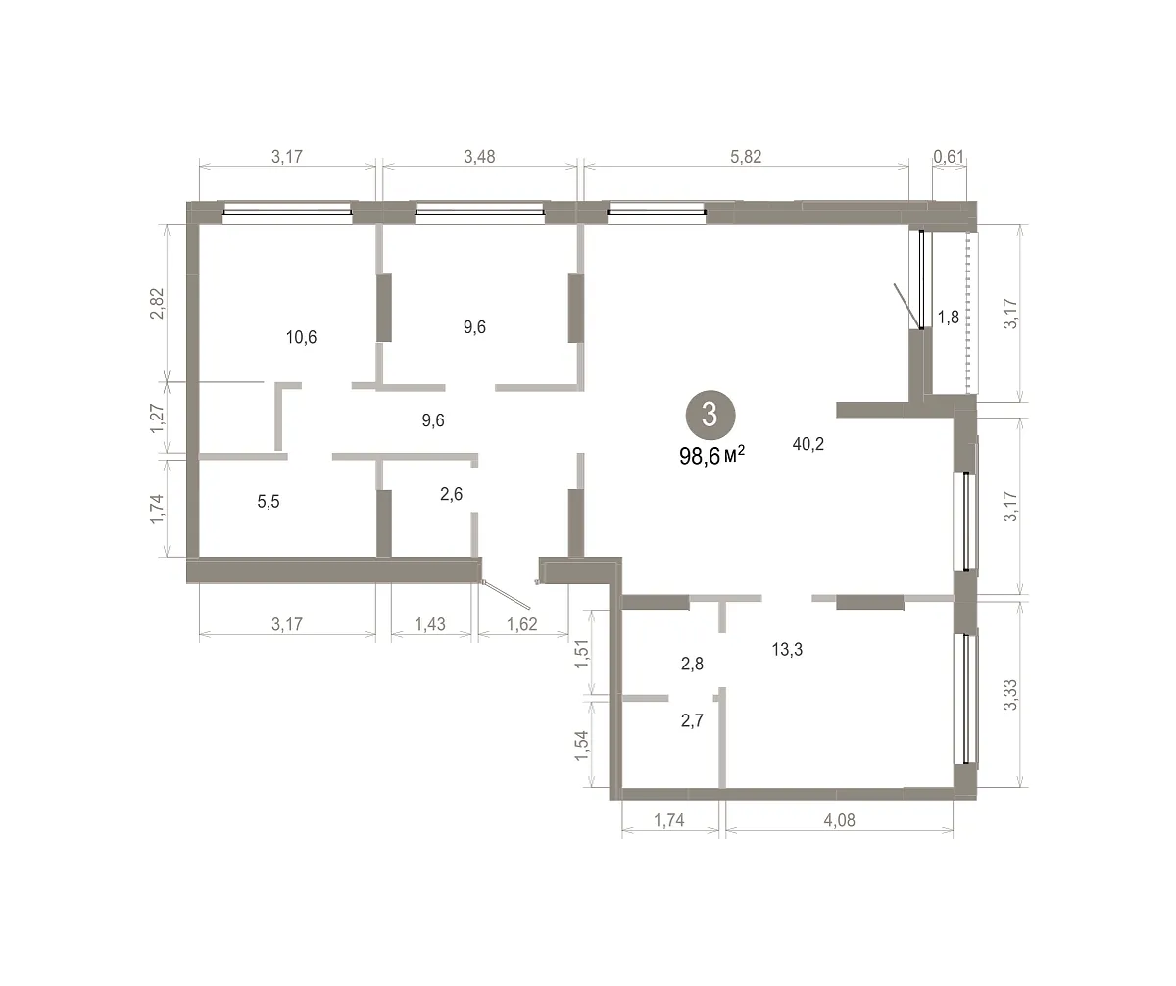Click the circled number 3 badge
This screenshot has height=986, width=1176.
710,416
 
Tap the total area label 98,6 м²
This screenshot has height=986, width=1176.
711,455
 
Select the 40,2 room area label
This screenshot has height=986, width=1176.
808,444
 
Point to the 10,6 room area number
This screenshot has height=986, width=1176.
301,337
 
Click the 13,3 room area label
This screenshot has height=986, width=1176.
787,650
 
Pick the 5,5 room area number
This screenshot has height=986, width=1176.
269,502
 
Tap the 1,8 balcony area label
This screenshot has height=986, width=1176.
949,318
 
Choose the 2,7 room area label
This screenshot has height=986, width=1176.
692,720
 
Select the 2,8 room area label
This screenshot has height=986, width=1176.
692,664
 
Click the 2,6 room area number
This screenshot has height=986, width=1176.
451,494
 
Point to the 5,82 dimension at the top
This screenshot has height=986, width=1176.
746,156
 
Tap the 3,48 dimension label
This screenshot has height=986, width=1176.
479,156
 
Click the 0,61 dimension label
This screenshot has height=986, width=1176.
949,156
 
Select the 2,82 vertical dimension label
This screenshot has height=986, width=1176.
157,303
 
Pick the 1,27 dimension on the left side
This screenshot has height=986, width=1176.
157,419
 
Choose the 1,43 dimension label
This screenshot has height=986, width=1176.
430,624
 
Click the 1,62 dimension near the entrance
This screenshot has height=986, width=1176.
522,624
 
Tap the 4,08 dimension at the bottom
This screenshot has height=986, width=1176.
839,820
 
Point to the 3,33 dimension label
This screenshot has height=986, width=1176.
1011,695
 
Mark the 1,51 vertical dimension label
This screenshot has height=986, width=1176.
582,654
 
